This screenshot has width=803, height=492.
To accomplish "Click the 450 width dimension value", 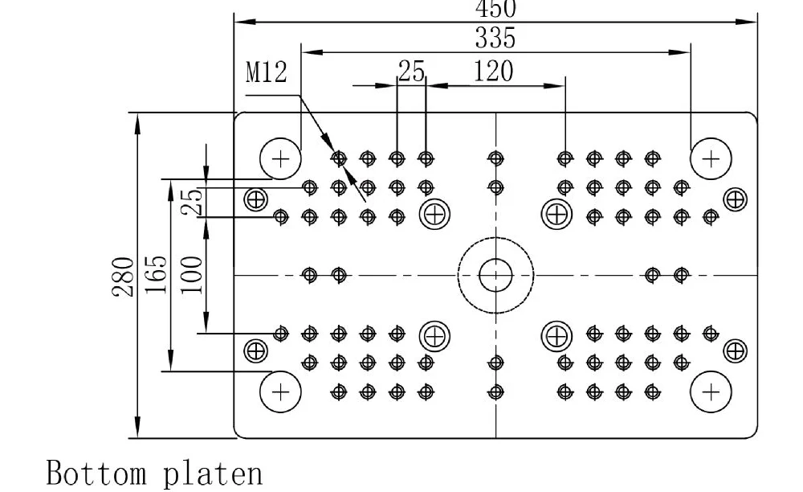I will coord(495,9).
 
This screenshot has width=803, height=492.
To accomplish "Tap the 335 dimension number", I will coord(495,38).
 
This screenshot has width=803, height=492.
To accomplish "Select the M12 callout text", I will coord(266,73).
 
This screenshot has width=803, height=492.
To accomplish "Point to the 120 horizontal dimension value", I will coord(492,72).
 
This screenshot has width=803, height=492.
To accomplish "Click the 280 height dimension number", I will coord(123,277).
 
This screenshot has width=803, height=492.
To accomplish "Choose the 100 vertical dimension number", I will coord(191,276).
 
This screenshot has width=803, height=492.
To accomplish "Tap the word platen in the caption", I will coord(213,473).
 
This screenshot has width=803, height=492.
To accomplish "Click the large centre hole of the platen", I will coord(495,276).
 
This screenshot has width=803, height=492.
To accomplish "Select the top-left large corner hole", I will coord(280,158).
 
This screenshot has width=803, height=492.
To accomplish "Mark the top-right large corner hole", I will coord(711,158).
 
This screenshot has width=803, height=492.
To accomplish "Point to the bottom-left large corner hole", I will coord(280,392).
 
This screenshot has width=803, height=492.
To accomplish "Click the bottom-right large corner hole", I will coord(711,392).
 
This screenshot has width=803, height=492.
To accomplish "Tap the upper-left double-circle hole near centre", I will coord(435,214).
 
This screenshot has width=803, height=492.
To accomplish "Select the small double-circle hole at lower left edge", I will coord(256,351).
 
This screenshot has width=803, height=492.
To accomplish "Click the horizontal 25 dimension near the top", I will coord(411,72).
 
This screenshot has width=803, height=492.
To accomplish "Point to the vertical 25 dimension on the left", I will coord(191,201).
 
